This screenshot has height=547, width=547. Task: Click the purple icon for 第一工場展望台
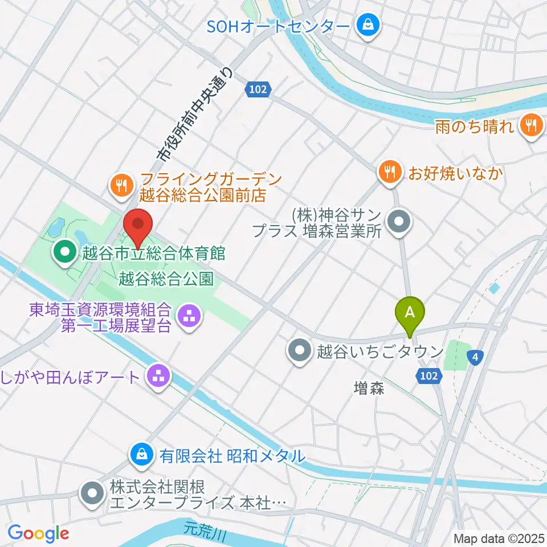(x=188, y=318)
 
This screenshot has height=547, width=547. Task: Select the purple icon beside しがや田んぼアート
(x=155, y=376)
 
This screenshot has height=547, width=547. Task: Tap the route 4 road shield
(x=475, y=357)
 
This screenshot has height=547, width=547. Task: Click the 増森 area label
(x=369, y=389)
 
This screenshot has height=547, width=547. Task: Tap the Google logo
(x=39, y=533)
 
